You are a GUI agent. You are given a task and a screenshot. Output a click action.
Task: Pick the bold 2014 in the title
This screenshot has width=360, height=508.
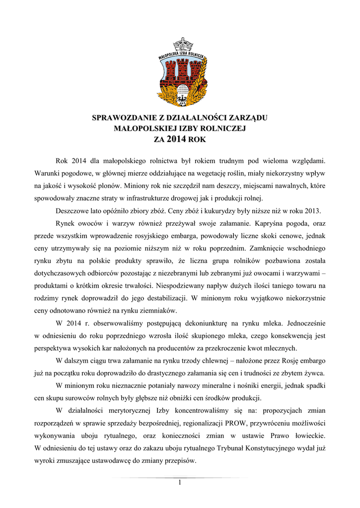click(177, 140)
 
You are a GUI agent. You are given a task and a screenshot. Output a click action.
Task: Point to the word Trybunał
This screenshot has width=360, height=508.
click(237, 449)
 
